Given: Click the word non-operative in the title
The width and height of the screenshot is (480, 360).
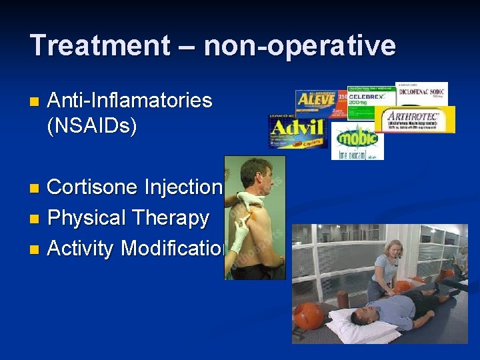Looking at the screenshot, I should click(x=299, y=45).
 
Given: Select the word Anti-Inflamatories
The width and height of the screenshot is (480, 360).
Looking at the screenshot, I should click(x=129, y=101).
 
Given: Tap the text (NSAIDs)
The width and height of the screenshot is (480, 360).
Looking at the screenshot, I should click(x=92, y=125).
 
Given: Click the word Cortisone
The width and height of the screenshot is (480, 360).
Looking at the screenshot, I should click(x=93, y=187).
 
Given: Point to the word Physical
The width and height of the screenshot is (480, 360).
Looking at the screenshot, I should click(x=87, y=218).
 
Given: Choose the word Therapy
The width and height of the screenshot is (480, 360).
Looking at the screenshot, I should click(x=171, y=218).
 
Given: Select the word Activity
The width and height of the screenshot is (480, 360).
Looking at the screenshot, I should click(x=81, y=248).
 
